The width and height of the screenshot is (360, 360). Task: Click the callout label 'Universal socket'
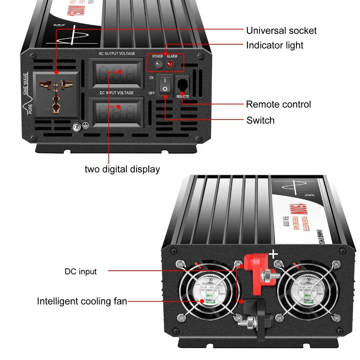[281, 30]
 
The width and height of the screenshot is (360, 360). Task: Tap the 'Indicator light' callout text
[275, 45]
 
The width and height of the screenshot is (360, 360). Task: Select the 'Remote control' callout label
[278, 104]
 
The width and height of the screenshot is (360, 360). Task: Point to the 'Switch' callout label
[260, 120]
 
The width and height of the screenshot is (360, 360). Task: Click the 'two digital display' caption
[122, 169]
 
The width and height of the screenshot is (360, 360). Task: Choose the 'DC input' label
[81, 271]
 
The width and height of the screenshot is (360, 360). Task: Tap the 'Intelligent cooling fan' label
[82, 301]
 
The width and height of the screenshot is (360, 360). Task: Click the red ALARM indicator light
[170, 65]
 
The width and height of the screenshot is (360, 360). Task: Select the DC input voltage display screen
[117, 111]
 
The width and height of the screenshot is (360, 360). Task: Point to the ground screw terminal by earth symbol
[76, 126]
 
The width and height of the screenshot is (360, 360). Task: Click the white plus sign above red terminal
[274, 255]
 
